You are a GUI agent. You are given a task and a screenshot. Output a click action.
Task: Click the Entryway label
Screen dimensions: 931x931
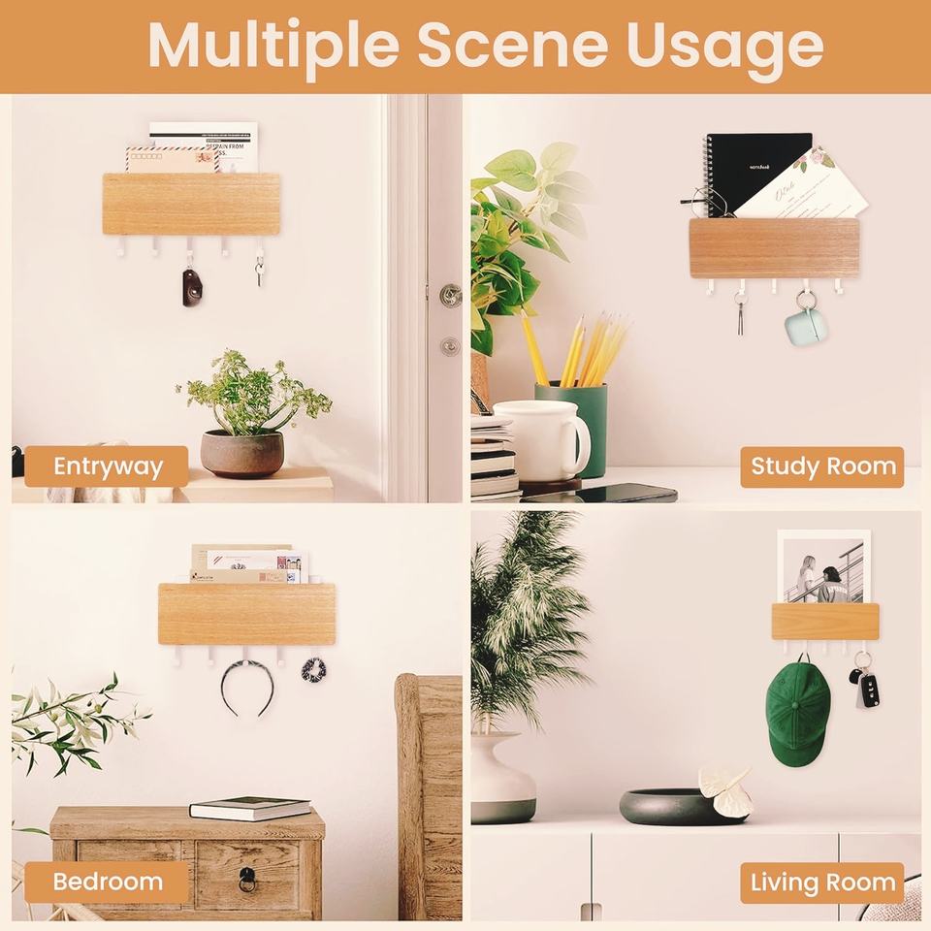pyautogui.click(x=107, y=466)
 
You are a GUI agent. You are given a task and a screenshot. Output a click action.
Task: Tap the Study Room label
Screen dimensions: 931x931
pyautogui.click(x=822, y=466)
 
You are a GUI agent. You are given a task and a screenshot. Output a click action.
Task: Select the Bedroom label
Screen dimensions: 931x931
pyautogui.click(x=107, y=883)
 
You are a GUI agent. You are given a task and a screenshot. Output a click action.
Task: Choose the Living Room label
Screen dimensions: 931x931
pyautogui.click(x=822, y=883)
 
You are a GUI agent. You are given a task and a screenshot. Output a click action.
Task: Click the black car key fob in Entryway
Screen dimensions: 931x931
pyautogui.click(x=192, y=288)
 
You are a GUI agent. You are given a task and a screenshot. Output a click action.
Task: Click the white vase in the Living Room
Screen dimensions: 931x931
pyautogui.click(x=502, y=778)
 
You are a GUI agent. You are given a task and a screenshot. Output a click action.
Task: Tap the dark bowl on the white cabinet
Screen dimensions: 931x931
pyautogui.click(x=669, y=807)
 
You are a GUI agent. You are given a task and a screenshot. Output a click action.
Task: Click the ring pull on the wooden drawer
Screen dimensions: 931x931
pyautogui.click(x=247, y=879)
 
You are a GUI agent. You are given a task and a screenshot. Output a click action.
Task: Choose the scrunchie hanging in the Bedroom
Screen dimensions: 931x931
pyautogui.click(x=312, y=670)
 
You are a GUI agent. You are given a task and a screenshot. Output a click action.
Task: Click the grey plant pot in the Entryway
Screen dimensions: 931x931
pyautogui.click(x=242, y=454)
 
